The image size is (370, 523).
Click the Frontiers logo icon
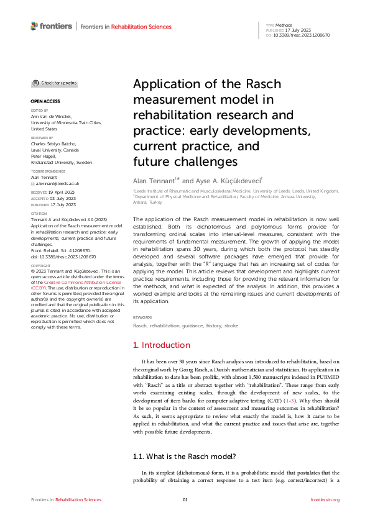[x=34, y=26]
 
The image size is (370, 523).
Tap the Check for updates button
[x=55, y=83]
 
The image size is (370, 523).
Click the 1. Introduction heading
[x=162, y=345]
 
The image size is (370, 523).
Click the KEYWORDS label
[x=142, y=317]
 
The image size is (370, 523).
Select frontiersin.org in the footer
[x=325, y=499]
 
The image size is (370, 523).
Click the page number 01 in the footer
[x=185, y=499]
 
